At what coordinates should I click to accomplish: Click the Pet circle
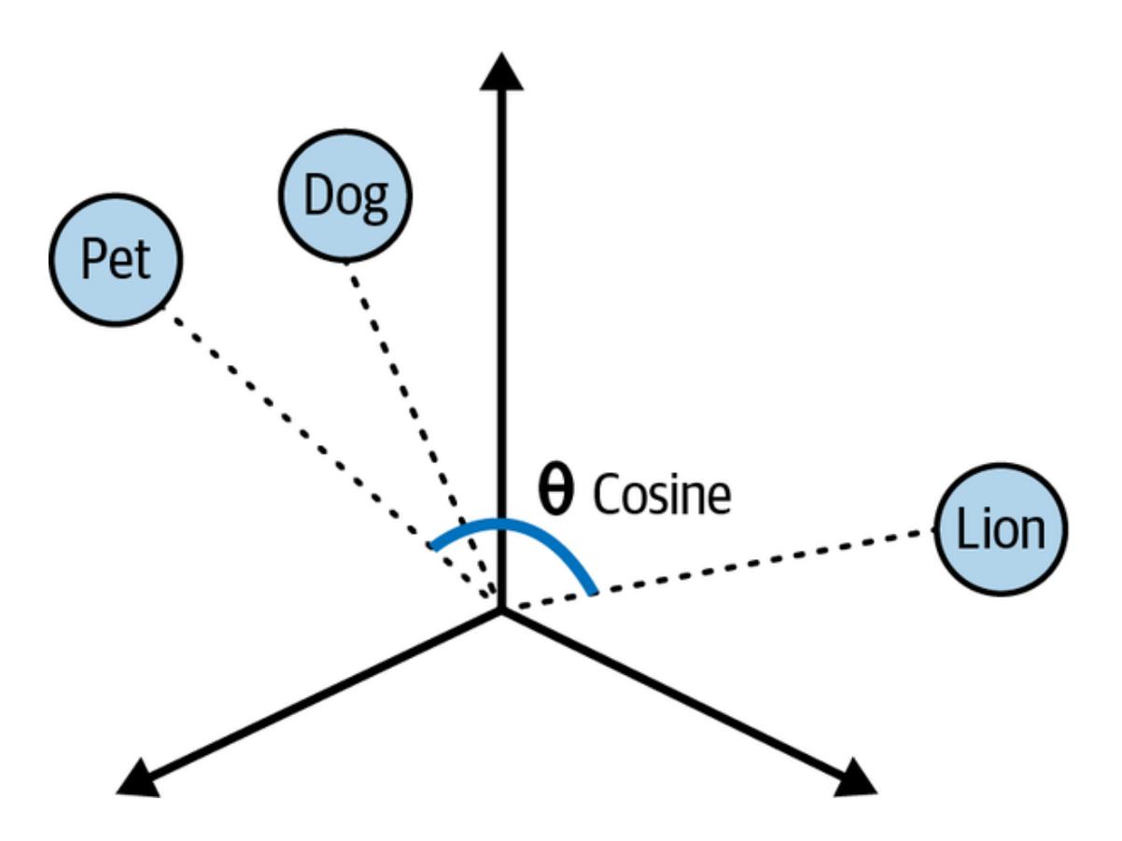tap(116, 259)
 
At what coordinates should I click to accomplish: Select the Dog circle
tap(344, 195)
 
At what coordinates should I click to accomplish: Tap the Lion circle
tap(1000, 529)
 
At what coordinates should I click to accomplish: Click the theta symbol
tap(557, 492)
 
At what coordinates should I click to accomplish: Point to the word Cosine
tap(662, 495)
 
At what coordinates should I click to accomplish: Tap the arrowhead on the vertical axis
tap(502, 72)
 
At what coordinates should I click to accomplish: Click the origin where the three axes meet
tap(501, 609)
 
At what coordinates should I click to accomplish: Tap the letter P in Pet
tap(91, 259)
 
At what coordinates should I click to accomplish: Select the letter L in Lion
tap(965, 529)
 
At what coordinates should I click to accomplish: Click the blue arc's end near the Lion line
tap(592, 590)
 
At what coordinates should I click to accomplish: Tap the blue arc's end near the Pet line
tap(432, 544)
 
